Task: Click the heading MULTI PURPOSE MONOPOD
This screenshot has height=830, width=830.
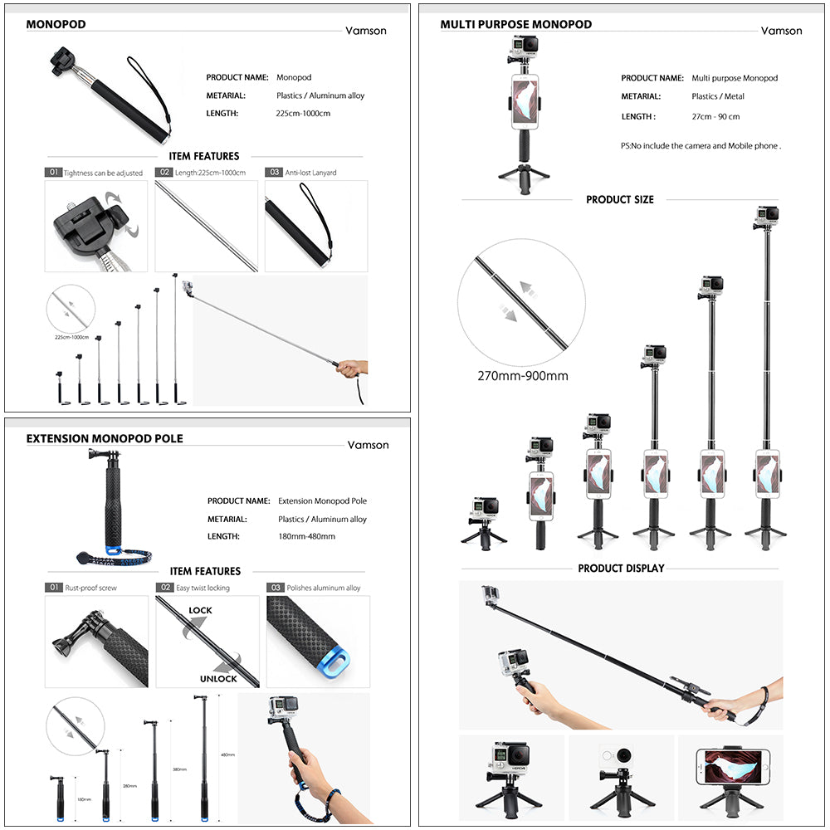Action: click(515, 24)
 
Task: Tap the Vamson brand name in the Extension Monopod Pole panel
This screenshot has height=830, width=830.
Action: click(368, 445)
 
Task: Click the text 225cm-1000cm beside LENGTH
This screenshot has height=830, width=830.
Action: click(303, 113)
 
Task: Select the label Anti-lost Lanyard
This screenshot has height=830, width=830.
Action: click(310, 173)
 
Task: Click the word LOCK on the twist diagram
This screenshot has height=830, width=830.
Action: click(200, 610)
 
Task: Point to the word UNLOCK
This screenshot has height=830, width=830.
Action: click(218, 678)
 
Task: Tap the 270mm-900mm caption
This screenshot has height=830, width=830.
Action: click(522, 376)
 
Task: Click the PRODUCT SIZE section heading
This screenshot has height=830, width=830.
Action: click(619, 199)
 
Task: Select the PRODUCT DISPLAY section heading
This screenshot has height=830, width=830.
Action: click(621, 569)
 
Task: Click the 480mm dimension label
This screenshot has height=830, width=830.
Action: click(227, 754)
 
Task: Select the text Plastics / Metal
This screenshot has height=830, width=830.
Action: click(718, 96)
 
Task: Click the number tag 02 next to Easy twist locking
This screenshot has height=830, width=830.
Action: click(164, 588)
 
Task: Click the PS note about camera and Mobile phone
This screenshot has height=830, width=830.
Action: click(701, 145)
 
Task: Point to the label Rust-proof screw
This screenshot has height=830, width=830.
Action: click(91, 588)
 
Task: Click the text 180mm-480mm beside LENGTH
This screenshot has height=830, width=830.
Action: click(306, 536)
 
